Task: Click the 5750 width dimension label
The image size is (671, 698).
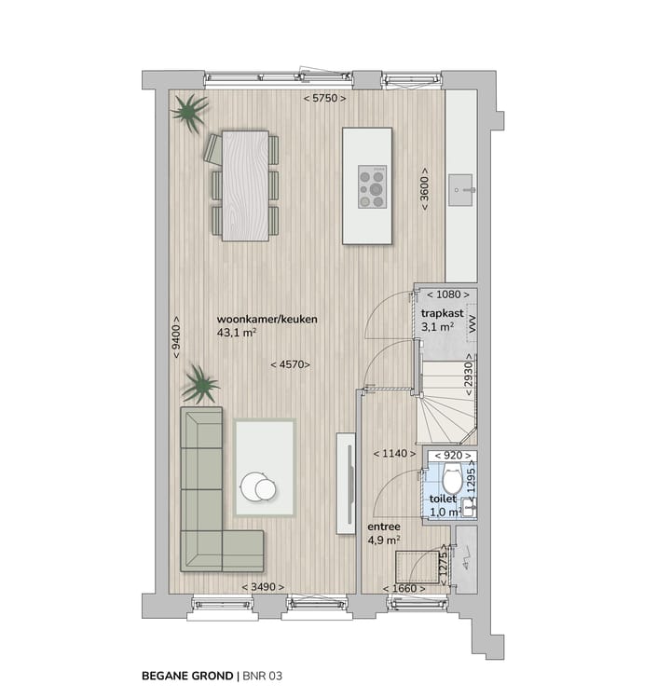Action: pyautogui.click(x=324, y=99)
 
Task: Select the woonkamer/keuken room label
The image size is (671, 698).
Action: pyautogui.click(x=267, y=319)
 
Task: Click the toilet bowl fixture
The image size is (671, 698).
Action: pyautogui.click(x=451, y=481)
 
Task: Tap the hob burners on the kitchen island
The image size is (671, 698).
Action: pyautogui.click(x=373, y=186)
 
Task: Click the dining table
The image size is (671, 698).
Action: pyautogui.click(x=245, y=185)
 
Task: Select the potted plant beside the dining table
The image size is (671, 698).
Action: pyautogui.click(x=189, y=113)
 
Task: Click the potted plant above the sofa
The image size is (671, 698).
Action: pyautogui.click(x=199, y=383)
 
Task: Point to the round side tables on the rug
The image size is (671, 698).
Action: pyautogui.click(x=258, y=486)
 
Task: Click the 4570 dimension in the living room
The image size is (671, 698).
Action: pyautogui.click(x=290, y=364)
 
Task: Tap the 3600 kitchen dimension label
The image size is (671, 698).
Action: pyautogui.click(x=425, y=190)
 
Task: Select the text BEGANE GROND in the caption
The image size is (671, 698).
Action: pyautogui.click(x=185, y=672)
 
